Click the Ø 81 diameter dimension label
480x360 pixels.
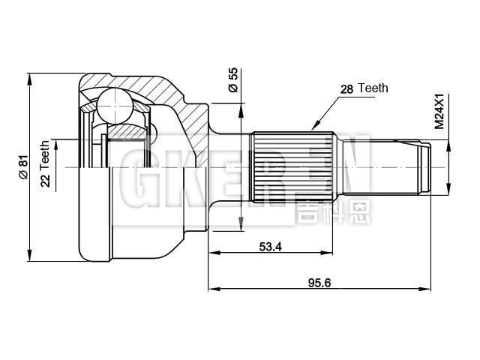(x=23, y=166)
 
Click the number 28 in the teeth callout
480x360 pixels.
(x=346, y=88)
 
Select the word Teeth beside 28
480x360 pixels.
(x=373, y=88)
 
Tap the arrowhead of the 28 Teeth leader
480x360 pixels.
(x=314, y=128)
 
